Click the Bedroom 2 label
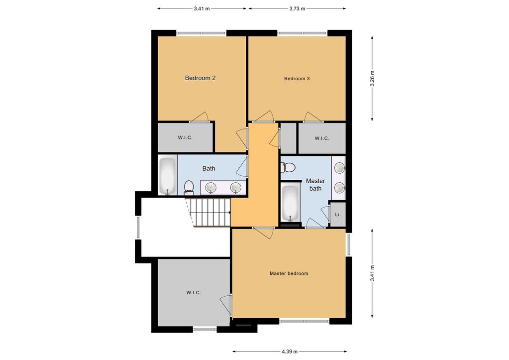[x=201, y=78]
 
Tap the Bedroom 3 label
[x=297, y=78]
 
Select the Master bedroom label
[x=289, y=273]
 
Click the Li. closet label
[x=338, y=215]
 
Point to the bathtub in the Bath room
[x=168, y=176]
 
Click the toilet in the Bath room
[x=189, y=188]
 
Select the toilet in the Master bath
[x=288, y=167]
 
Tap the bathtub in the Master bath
[x=291, y=203]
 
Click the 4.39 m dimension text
[x=290, y=352]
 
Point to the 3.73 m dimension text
[x=298, y=9]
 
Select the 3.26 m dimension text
[x=372, y=78]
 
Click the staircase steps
[x=210, y=213]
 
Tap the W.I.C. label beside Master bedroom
[x=194, y=293]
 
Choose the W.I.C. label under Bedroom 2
[x=185, y=138]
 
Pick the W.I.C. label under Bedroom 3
[x=322, y=138]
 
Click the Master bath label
[x=315, y=185]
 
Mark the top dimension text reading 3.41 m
[x=202, y=9]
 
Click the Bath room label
[x=209, y=168]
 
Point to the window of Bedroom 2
[x=202, y=33]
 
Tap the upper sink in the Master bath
[x=339, y=168]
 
